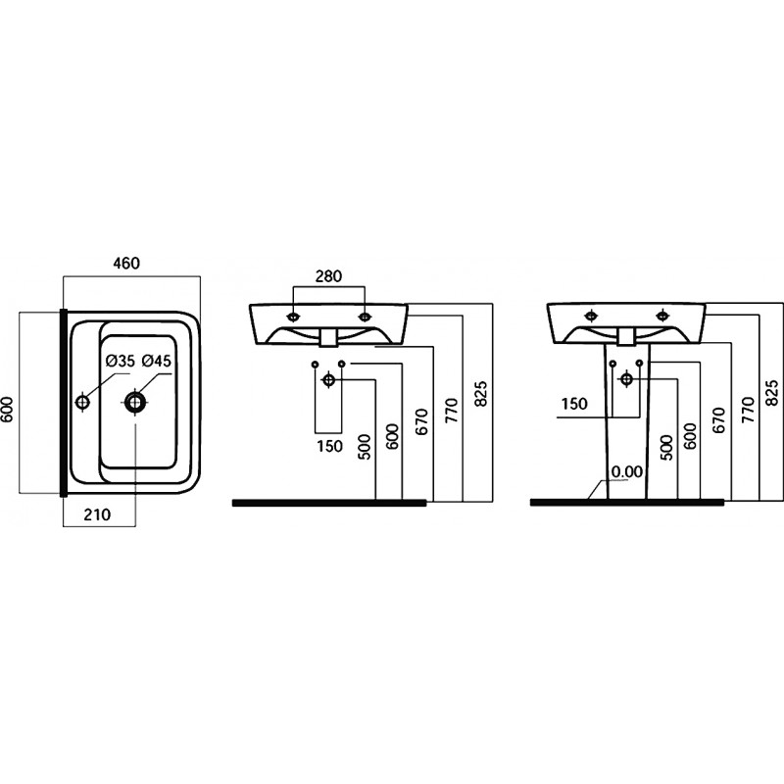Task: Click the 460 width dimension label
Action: [x=126, y=263]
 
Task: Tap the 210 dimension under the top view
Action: [x=97, y=514]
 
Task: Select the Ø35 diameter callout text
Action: [x=121, y=361]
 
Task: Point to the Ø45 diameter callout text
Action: [x=157, y=361]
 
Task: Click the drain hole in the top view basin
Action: [x=134, y=401]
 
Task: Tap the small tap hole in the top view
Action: [x=82, y=402]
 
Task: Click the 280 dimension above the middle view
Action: [x=328, y=276]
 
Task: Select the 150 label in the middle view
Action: [x=329, y=446]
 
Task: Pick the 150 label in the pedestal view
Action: [x=574, y=404]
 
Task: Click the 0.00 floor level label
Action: [x=627, y=471]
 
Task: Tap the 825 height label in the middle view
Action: [x=480, y=395]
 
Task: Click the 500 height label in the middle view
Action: [x=365, y=447]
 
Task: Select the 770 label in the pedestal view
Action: [x=748, y=410]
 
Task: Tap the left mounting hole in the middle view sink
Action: [x=293, y=317]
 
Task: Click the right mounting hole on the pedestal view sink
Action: [x=663, y=315]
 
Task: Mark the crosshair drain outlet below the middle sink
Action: [x=328, y=380]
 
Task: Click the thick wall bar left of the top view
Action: [x=64, y=403]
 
